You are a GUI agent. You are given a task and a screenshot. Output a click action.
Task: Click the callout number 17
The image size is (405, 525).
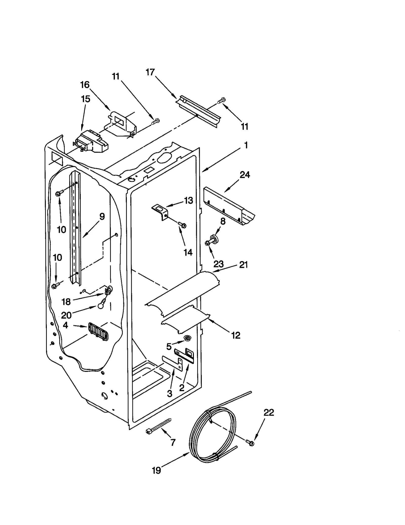[x=150, y=72]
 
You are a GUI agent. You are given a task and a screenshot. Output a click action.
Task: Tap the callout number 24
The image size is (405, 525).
[x=245, y=175]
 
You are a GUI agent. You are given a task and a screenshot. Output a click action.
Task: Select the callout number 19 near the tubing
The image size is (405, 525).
[x=156, y=471]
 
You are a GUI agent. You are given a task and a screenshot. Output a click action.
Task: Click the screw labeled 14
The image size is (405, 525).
[x=182, y=224]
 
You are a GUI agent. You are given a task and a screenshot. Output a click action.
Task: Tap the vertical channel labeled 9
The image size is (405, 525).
[x=75, y=228]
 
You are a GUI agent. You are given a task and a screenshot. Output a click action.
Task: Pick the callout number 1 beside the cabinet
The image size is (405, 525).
[x=246, y=145]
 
